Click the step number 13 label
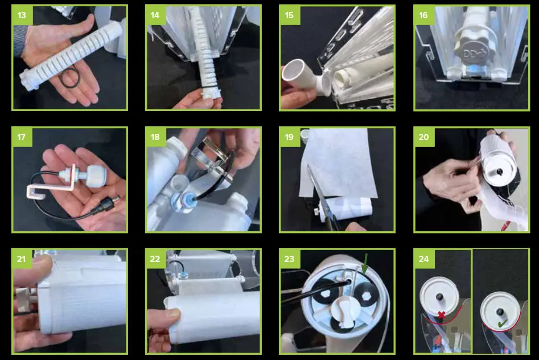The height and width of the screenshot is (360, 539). tap(22, 15)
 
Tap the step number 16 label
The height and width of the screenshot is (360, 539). tap(423, 15)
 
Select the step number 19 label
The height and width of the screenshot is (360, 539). tap(290, 137)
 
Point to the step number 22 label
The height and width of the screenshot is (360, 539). tap(155, 259)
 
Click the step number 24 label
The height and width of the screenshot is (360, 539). tap(424, 259)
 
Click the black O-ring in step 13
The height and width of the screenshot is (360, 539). tap(70, 78)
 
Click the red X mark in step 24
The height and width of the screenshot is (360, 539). tap(441, 314)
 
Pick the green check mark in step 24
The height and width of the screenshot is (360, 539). tap(502, 323)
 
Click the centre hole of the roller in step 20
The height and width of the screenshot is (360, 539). tap(500, 171)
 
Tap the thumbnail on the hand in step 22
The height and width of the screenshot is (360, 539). tap(173, 313)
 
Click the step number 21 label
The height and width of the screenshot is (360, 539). tap(22, 259)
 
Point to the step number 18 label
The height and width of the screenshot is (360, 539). tap(155, 137)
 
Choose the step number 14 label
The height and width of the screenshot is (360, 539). tap(155, 15)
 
